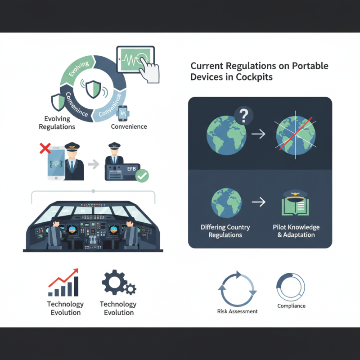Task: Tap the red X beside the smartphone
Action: tap(45, 148)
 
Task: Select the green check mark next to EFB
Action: tap(142, 175)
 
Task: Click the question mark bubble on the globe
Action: tap(243, 116)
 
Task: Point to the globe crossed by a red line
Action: tap(296, 135)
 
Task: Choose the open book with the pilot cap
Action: tap(295, 203)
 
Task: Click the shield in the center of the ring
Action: tap(93, 89)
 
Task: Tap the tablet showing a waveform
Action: tap(135, 59)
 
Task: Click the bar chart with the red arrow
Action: tap(63, 283)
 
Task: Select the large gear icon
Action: tap(114, 282)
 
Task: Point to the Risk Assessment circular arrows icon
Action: tap(238, 289)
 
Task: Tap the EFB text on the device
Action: tap(131, 169)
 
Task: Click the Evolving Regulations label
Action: tap(57, 122)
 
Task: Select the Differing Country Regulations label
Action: tap(225, 231)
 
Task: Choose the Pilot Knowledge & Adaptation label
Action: tap(296, 231)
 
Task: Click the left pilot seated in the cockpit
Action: tap(55, 234)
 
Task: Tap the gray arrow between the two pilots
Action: tap(94, 164)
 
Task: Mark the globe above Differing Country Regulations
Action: tap(226, 203)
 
